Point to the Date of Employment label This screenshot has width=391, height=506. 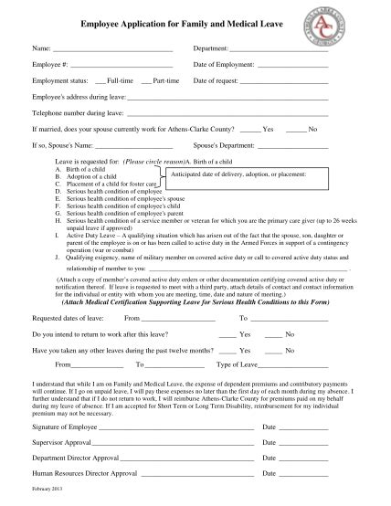tap(226, 65)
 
